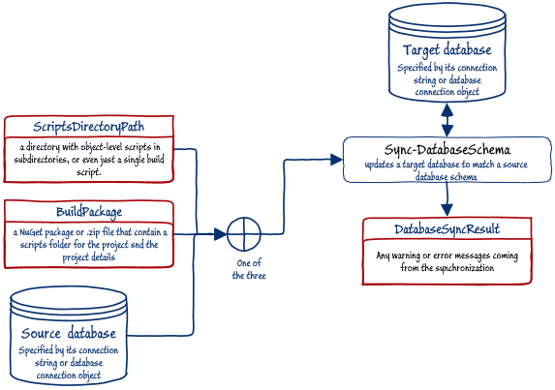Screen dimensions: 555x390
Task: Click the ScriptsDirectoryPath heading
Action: click(x=88, y=127)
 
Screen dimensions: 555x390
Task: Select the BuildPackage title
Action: click(x=89, y=212)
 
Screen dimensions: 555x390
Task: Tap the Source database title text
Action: click(x=69, y=334)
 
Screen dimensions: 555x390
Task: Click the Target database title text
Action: click(x=447, y=50)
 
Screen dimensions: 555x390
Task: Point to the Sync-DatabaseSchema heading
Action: click(x=447, y=150)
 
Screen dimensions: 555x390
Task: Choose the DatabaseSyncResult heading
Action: click(x=447, y=229)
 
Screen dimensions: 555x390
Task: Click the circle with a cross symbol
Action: click(x=244, y=234)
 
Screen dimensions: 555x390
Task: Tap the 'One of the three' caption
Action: click(x=249, y=269)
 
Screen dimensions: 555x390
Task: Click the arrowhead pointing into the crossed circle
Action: click(x=221, y=234)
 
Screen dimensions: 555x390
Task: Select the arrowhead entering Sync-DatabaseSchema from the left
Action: click(x=336, y=160)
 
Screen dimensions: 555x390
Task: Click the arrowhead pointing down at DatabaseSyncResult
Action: click(x=447, y=210)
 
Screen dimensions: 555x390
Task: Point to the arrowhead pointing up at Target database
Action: click(x=447, y=109)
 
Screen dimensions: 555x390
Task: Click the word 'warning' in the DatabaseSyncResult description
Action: click(x=406, y=255)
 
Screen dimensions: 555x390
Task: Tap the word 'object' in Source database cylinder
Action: click(x=89, y=375)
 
